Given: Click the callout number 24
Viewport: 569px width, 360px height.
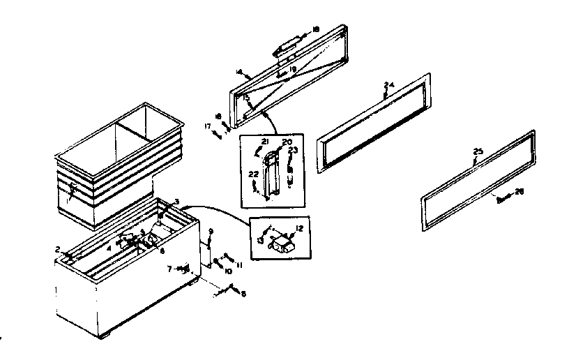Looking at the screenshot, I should tap(389, 85).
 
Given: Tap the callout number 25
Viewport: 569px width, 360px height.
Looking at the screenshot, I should tap(477, 151).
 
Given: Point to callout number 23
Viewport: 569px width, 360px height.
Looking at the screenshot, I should tap(293, 149).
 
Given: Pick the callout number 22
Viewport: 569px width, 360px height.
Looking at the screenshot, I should tap(253, 174).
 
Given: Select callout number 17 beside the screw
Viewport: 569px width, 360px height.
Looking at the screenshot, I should tap(207, 126).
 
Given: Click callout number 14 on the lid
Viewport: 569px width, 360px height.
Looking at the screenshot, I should tap(238, 72).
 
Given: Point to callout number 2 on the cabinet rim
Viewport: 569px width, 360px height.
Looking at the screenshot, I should tap(60, 248).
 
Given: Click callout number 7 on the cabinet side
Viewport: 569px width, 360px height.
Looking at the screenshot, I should tap(170, 268).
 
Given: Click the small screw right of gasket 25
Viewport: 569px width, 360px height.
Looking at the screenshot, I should tap(503, 198).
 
